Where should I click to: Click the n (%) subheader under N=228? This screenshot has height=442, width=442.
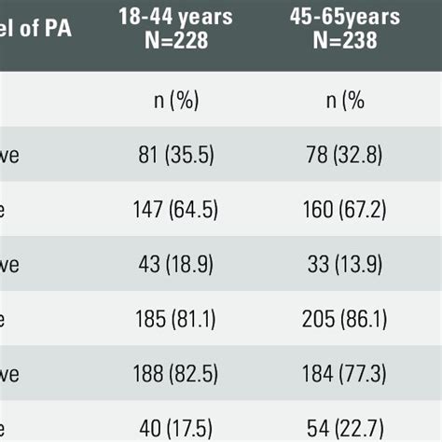pyautogui.click(x=174, y=101)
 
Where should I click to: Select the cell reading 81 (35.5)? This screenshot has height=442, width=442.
pyautogui.click(x=173, y=155)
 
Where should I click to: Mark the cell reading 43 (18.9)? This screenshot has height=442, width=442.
pyautogui.click(x=173, y=265)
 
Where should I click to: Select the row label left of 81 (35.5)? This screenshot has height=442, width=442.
pyautogui.click(x=9, y=156)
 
